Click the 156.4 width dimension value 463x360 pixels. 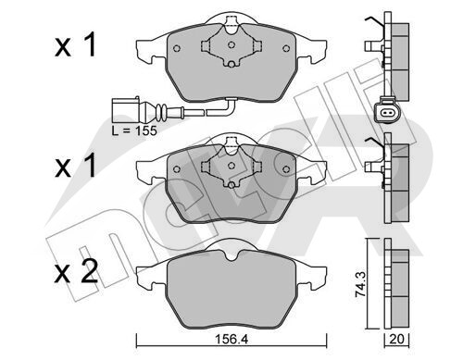(x=231, y=340)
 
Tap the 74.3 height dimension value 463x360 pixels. (x=360, y=284)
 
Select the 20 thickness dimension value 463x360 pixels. (x=396, y=340)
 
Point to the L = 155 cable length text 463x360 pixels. (x=134, y=130)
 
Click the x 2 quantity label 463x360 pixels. (x=76, y=271)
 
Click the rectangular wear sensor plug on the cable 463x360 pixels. (x=125, y=110)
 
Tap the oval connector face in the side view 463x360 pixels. (x=387, y=113)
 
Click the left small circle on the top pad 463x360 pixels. (x=177, y=48)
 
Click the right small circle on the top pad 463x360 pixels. (x=286, y=48)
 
